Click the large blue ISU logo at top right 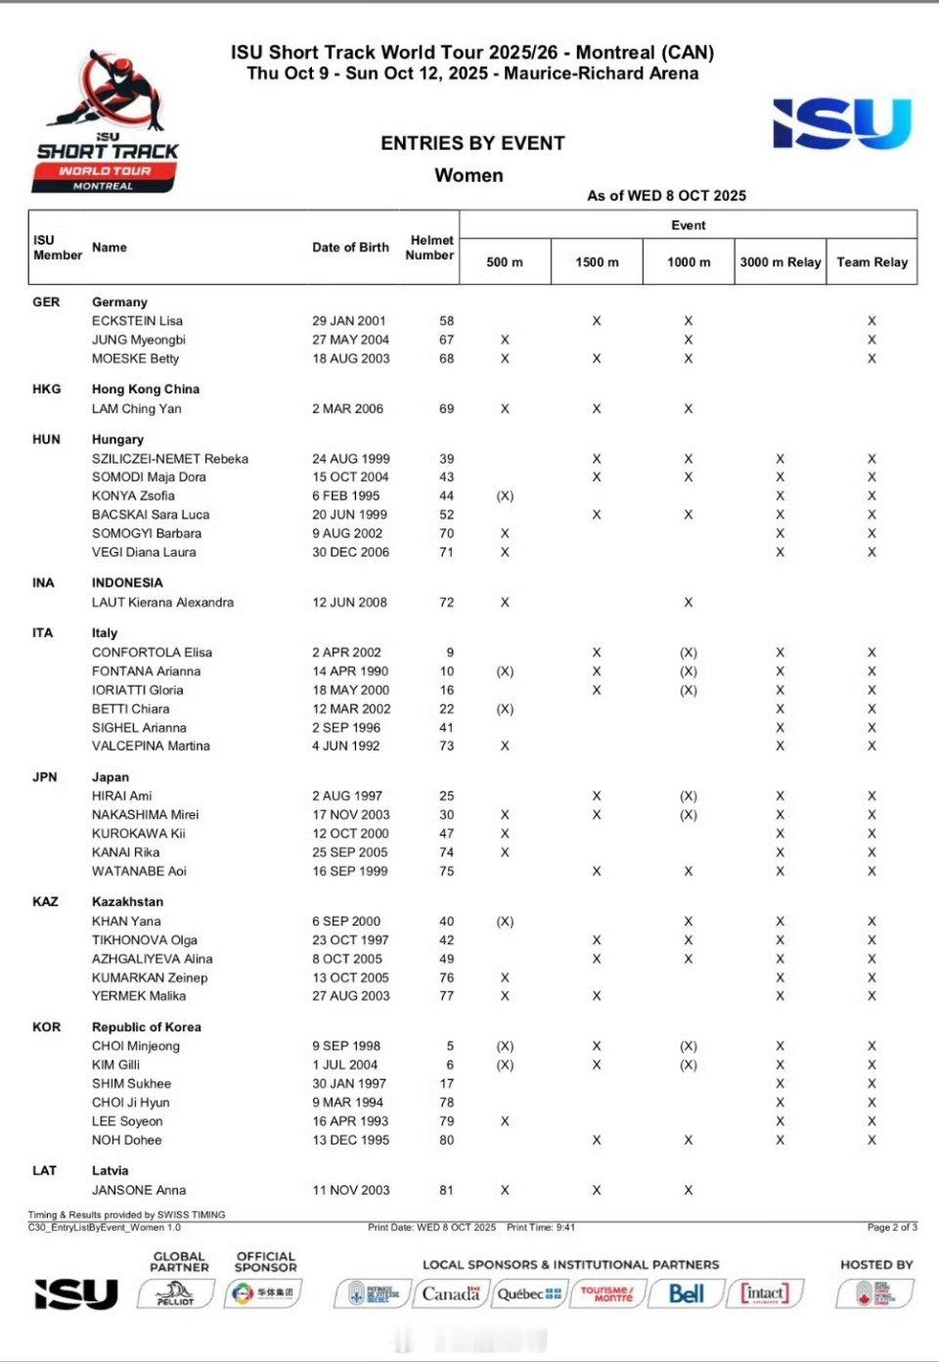[x=841, y=124]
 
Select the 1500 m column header [x=597, y=262]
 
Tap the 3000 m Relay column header [x=780, y=262]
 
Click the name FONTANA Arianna [x=146, y=671]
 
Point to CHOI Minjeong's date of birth [x=346, y=1046]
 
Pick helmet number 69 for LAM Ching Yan [x=446, y=409]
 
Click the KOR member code [x=47, y=1027]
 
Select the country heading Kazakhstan [x=127, y=902]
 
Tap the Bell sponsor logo [x=687, y=1294]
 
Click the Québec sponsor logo [x=529, y=1294]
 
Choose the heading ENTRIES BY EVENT [x=472, y=144]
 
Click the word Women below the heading [x=469, y=176]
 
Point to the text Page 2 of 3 [x=892, y=1227]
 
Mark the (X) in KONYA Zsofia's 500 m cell [x=505, y=496]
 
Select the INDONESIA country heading [x=127, y=583]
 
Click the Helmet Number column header [x=429, y=248]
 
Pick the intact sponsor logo [x=765, y=1294]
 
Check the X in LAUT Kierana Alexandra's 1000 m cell [x=689, y=603]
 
